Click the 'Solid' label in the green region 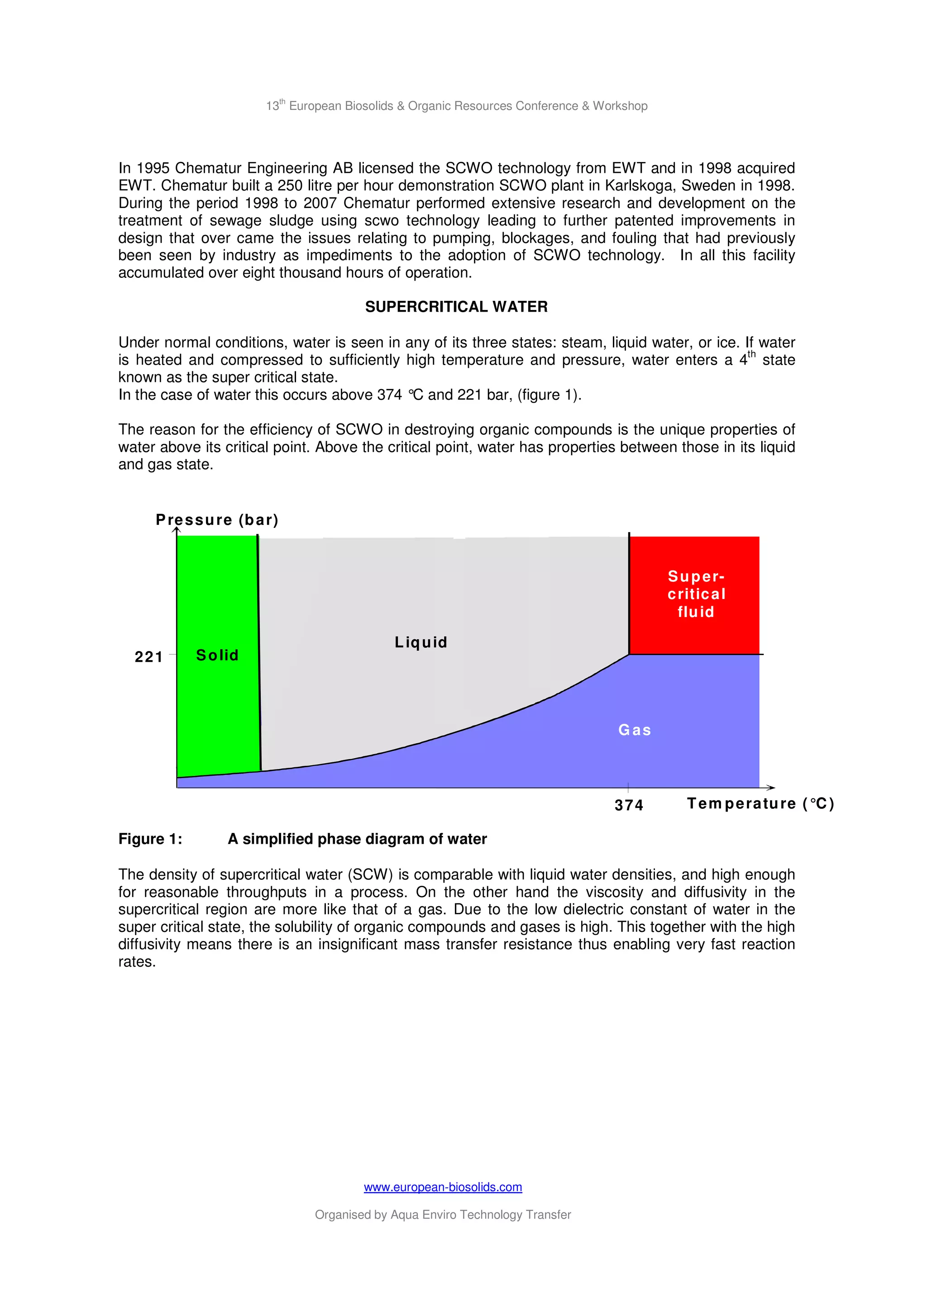click(217, 655)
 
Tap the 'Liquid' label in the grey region click(421, 642)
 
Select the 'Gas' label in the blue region click(635, 730)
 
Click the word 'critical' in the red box click(696, 594)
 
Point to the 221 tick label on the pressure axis click(148, 657)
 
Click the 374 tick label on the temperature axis click(628, 805)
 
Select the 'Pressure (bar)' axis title click(217, 520)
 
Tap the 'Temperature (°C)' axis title click(760, 803)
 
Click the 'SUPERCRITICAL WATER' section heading click(456, 307)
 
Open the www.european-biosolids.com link click(443, 1187)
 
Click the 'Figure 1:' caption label click(150, 839)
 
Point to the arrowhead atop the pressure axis click(177, 531)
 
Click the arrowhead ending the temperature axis click(771, 788)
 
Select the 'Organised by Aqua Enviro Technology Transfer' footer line click(443, 1215)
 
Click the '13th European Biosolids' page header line click(456, 106)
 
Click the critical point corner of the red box click(630, 654)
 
